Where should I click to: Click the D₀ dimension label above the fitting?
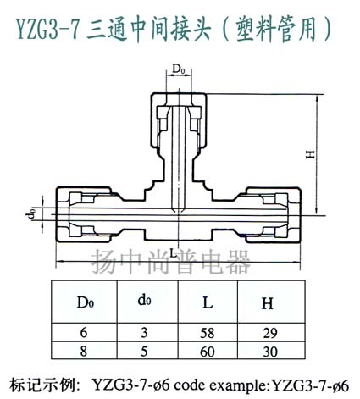pos(179,69)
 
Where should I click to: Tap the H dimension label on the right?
pos(310,154)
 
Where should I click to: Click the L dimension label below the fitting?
pos(173,253)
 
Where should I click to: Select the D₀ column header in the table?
pos(86,302)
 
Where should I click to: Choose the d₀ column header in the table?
pos(144,301)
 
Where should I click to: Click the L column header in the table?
pos(208,302)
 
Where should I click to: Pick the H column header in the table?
pos(267,303)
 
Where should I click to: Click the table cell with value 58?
pos(208,333)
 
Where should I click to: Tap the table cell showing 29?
pos(270,333)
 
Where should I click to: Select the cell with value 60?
pos(208,352)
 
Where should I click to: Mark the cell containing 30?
pos(270,352)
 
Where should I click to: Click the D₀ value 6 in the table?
pos(84,332)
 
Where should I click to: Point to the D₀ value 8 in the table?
pos(84,352)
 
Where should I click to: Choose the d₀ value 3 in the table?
pos(144,332)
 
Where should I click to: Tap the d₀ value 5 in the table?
pos(144,352)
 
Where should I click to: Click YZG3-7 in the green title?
pos(47,30)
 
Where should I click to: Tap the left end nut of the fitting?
pos(84,214)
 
